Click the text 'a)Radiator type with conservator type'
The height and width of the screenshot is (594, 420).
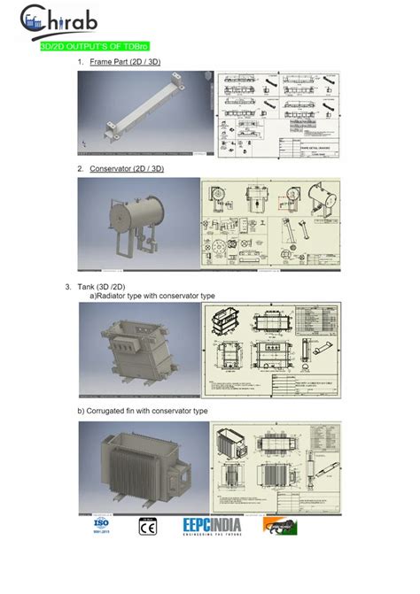(x=152, y=296)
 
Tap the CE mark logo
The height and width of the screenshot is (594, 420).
(x=147, y=527)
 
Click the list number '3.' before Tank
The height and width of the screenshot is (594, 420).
(x=68, y=286)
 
